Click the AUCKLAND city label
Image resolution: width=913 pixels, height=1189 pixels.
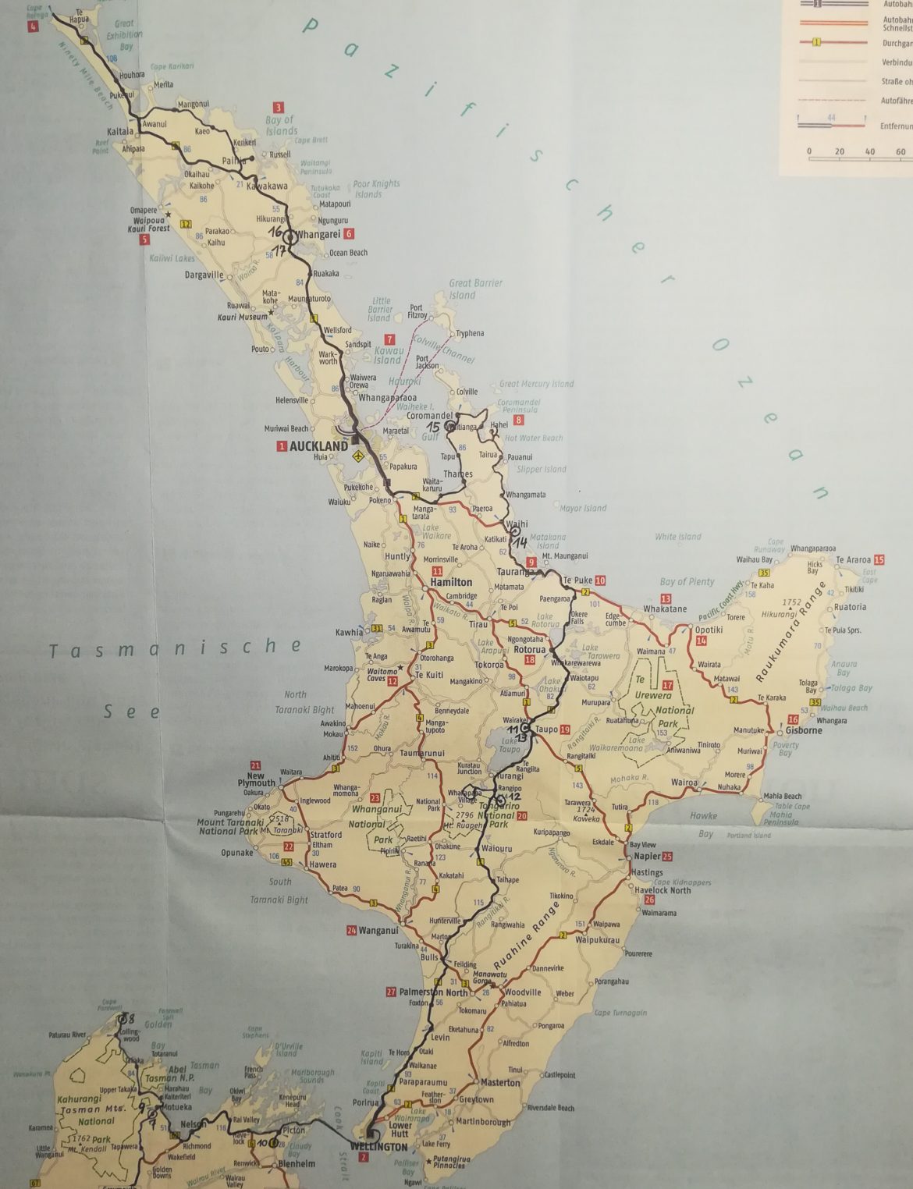(x=318, y=446)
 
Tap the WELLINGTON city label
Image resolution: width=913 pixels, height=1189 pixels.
(x=379, y=1146)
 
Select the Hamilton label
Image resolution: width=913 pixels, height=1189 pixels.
(x=451, y=582)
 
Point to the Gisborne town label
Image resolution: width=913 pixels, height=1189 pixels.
(x=804, y=731)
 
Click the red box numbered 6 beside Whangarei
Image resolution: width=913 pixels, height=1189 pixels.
(x=349, y=234)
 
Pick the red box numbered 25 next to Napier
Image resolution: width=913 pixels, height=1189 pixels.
(x=667, y=857)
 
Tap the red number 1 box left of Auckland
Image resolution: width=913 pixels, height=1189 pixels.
(x=282, y=446)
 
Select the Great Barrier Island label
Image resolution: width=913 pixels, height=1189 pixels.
(x=475, y=289)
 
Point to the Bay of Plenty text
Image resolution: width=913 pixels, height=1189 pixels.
(x=687, y=581)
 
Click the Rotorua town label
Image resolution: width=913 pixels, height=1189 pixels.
(x=530, y=650)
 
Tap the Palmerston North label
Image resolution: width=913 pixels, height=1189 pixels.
(x=433, y=992)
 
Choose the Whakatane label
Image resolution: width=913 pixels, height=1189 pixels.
(x=665, y=609)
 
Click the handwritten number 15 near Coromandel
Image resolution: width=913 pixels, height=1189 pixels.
(x=433, y=428)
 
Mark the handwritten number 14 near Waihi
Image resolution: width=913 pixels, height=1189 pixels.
(x=520, y=542)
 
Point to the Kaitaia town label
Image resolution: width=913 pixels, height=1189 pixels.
(x=121, y=132)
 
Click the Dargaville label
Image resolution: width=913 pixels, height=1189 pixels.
(x=204, y=275)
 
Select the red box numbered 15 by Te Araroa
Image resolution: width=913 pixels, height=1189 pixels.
(x=879, y=560)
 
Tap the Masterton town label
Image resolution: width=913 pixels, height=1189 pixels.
(x=500, y=1083)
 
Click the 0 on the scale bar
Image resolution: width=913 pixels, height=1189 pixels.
(x=809, y=151)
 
